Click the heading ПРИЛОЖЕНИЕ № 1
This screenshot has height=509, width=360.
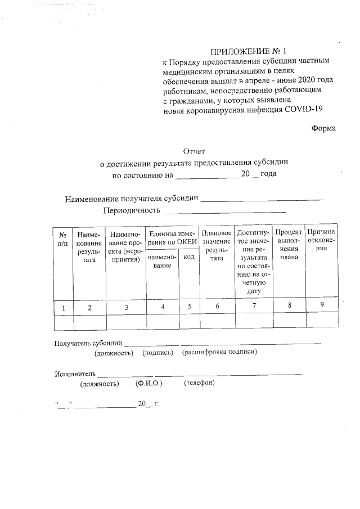coord(244,51)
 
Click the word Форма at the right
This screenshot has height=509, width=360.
coord(324,128)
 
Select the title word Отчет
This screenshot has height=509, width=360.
coord(194,151)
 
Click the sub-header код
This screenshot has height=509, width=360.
coord(189,257)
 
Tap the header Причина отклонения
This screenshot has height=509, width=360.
coord(322,240)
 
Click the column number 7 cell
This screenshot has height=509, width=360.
coord(254,307)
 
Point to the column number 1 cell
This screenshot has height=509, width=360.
coord(64,308)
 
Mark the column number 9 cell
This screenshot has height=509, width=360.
coord(322,305)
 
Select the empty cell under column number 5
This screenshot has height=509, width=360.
coord(190,321)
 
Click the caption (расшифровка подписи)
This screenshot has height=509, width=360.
coord(219,353)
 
